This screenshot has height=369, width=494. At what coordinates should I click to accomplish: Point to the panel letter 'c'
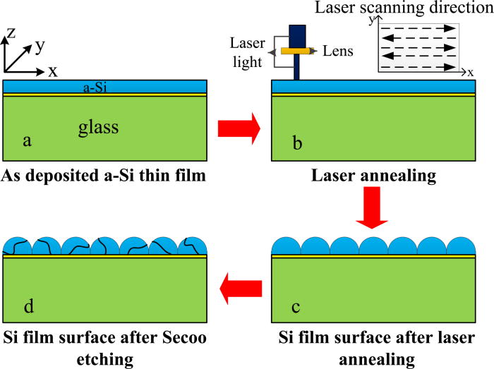click(x=296, y=308)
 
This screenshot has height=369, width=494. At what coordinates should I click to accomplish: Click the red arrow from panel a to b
click(x=239, y=129)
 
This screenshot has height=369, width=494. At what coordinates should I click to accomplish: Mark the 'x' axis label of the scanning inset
click(x=470, y=72)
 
